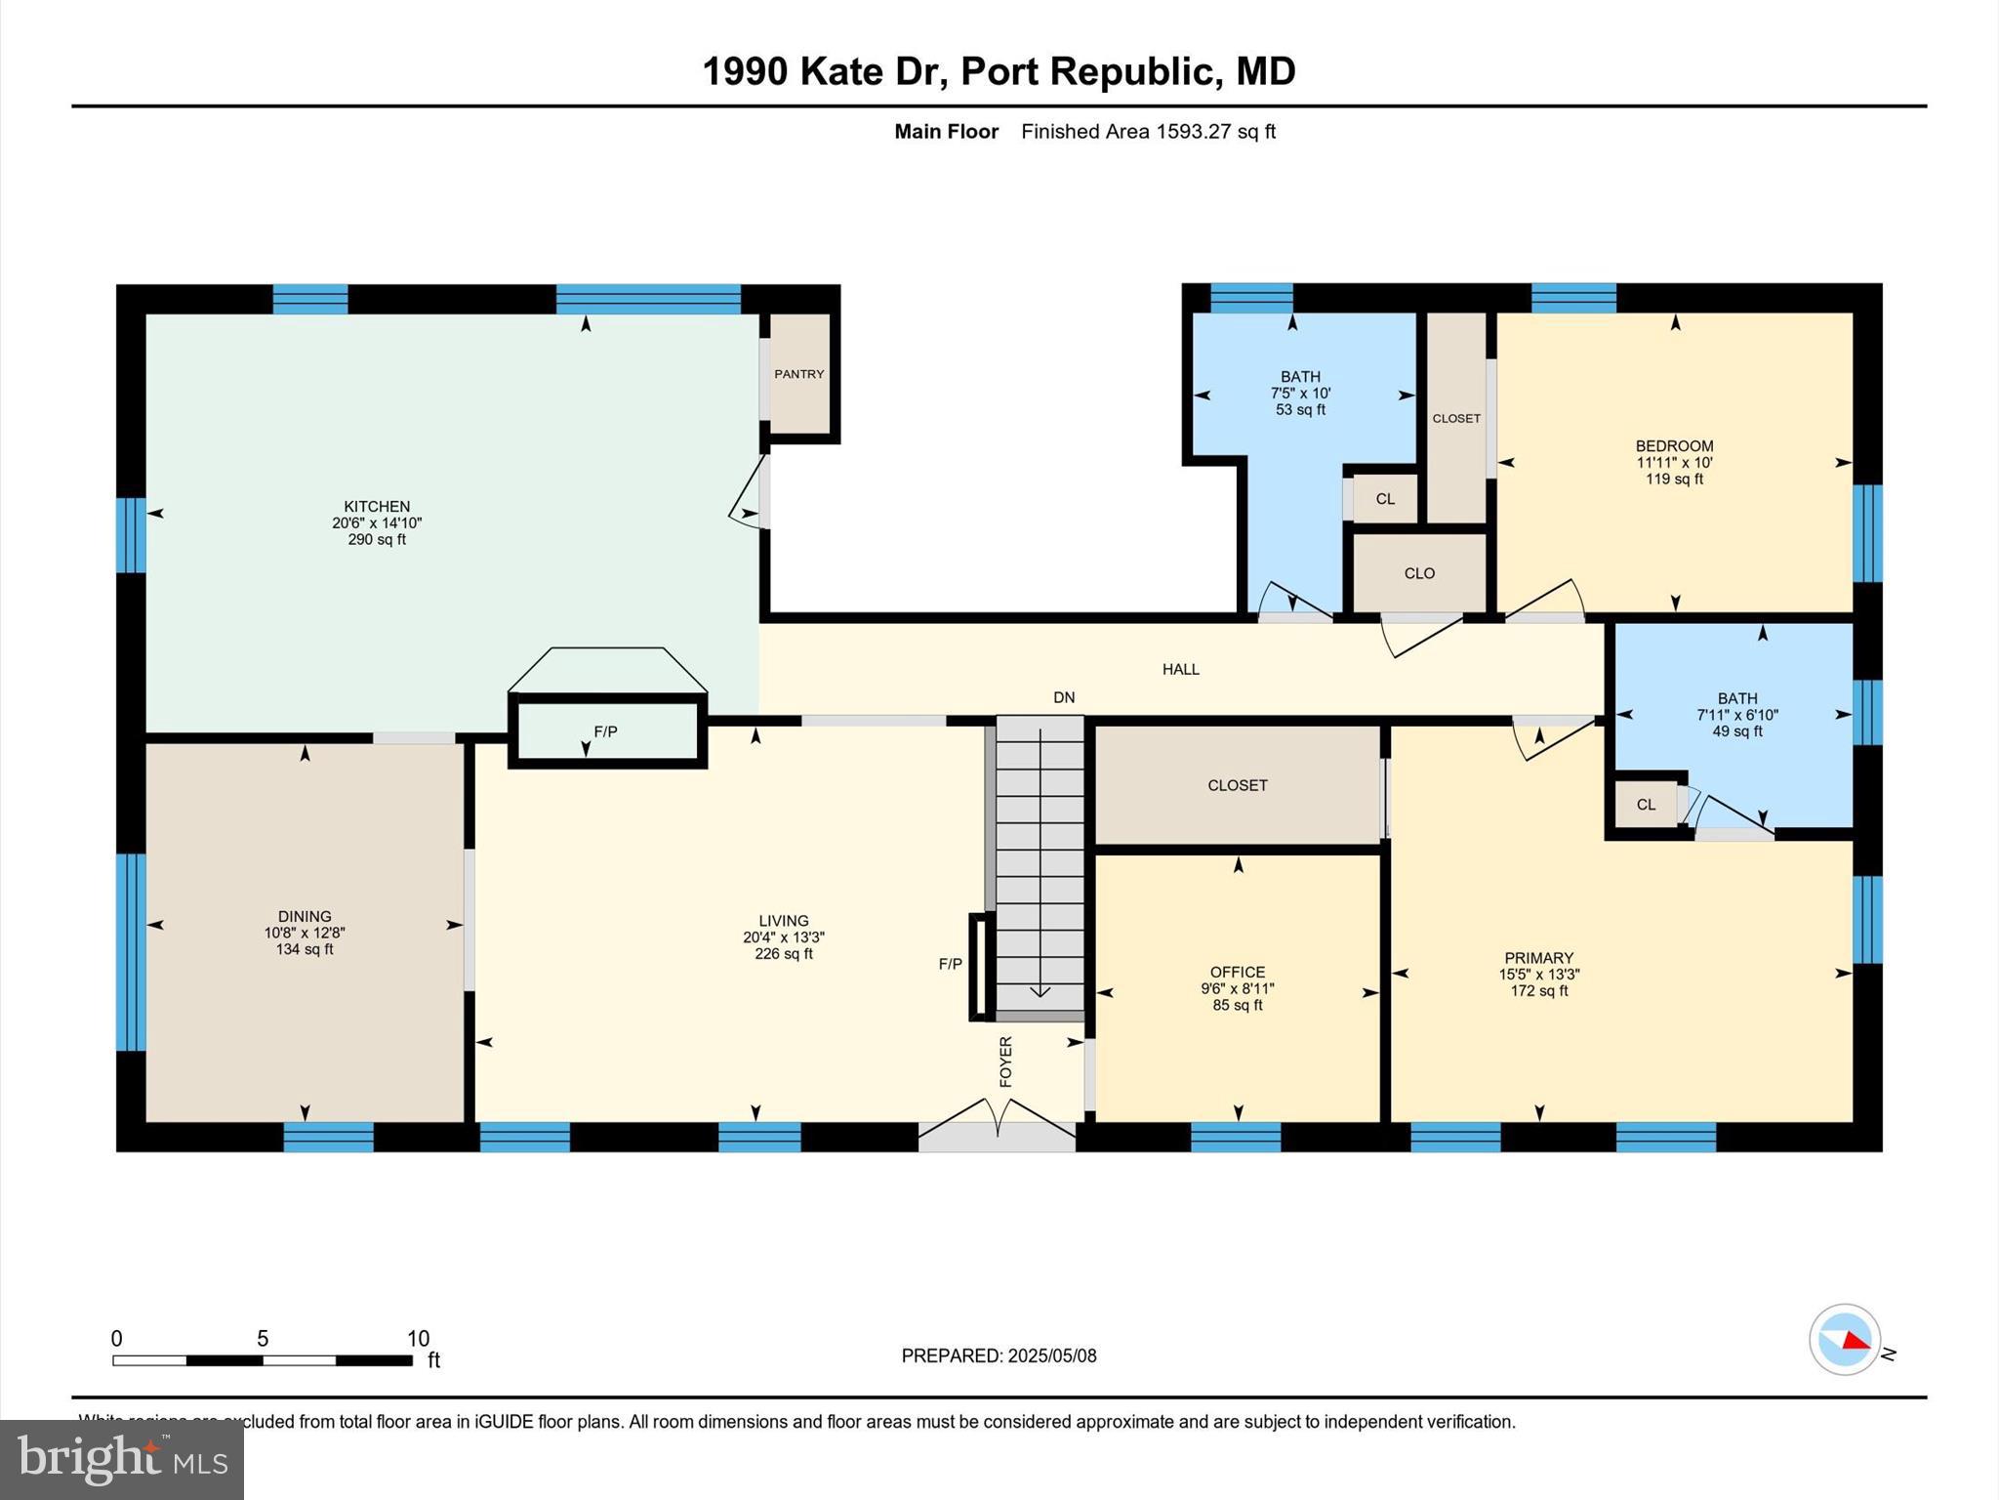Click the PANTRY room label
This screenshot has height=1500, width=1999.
798,374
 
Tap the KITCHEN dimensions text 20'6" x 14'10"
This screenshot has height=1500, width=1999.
377,523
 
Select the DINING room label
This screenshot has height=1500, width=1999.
305,916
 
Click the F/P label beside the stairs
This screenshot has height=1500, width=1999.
950,964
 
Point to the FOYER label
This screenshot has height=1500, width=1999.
1005,1062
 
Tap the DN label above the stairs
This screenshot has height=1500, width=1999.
1064,697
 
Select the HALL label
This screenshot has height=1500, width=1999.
1180,669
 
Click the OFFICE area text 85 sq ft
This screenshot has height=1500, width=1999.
1238,1005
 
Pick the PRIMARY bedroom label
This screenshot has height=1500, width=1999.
1538,958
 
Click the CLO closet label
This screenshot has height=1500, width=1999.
1419,573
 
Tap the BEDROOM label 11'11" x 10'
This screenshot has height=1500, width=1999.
1674,462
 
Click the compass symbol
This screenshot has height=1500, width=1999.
1844,1340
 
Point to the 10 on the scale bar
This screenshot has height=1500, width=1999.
418,1338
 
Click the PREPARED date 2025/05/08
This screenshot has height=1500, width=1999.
1051,1355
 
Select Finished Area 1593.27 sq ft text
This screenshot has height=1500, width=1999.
1148,132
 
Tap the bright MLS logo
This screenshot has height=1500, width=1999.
122,1459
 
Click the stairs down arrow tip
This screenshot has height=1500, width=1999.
1040,995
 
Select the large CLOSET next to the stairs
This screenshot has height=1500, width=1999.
1237,785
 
